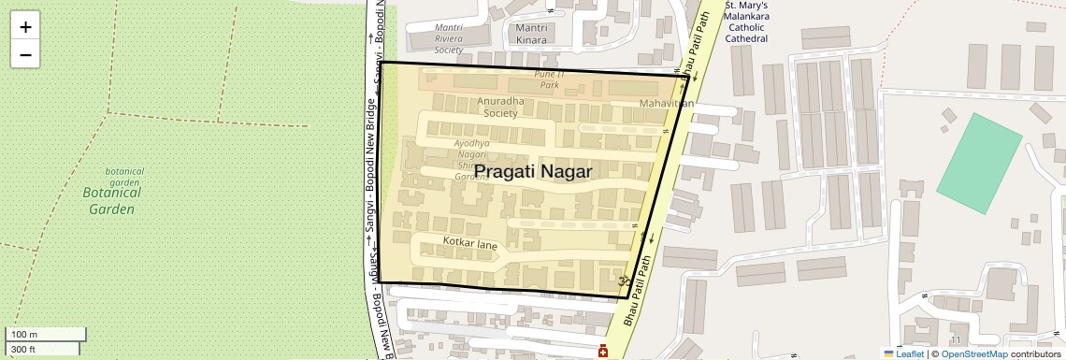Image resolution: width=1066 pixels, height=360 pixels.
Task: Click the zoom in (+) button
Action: point(25,27)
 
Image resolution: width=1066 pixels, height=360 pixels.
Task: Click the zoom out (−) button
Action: point(25,55)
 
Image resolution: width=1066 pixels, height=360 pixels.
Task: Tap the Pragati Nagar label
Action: point(534,171)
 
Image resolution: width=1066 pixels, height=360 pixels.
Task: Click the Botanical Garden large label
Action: point(112,200)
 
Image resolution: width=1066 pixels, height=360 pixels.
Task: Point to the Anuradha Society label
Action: point(500,107)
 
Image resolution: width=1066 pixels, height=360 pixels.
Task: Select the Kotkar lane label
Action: point(469,244)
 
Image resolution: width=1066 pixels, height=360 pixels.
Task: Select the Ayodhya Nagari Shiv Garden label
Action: point(472,159)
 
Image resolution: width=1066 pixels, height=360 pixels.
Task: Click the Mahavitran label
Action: point(667,103)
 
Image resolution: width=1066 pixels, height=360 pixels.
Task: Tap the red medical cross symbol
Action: point(603,352)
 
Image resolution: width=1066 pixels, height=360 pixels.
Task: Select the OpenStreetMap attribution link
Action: point(974,353)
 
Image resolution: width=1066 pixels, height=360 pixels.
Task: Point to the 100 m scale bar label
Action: point(24,335)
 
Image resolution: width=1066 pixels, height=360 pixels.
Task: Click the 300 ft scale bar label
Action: point(23,349)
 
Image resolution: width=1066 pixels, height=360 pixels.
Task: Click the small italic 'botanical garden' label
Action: point(124,177)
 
